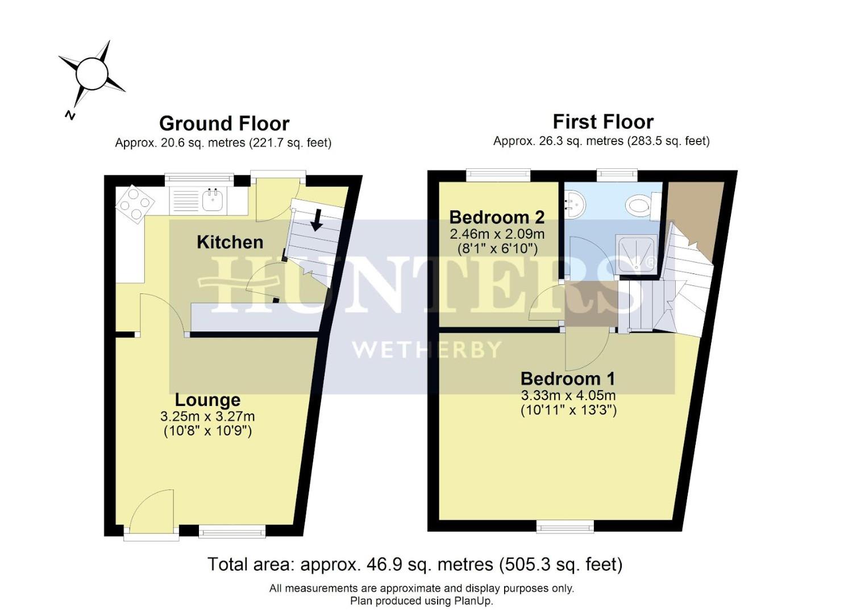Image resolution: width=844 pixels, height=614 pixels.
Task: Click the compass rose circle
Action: [92, 73]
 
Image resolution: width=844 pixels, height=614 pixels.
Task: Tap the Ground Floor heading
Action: [224, 123]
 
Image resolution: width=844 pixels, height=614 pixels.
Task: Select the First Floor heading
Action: [603, 122]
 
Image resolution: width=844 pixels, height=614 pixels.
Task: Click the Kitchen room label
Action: [230, 242]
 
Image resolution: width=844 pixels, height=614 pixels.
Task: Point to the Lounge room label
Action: [207, 400]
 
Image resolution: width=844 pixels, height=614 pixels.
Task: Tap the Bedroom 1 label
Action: [568, 379]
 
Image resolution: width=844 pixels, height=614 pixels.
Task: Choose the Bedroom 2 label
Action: [497, 217]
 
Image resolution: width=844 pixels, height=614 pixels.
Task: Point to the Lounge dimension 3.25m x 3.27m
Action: [207, 417]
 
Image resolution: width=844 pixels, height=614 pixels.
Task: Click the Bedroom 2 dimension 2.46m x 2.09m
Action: [497, 234]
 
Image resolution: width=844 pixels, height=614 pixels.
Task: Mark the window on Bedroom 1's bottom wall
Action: [565, 528]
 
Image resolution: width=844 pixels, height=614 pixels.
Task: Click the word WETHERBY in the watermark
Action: [427, 349]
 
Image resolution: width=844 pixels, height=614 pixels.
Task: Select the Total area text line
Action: [415, 565]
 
